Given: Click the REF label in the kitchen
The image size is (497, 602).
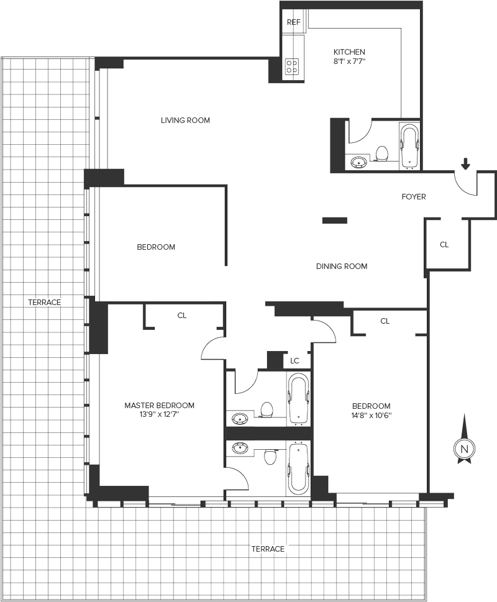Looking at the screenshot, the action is [294, 22].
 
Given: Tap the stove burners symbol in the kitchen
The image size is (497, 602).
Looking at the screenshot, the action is [293, 66].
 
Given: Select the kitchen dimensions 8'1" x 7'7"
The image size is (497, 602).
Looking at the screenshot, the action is [349, 61].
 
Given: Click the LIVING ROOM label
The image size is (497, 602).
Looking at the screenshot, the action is [185, 120].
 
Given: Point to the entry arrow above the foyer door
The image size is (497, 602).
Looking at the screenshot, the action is [465, 164].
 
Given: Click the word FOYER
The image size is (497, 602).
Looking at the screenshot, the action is [414, 196].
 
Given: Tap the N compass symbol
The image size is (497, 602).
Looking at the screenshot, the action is [464, 449].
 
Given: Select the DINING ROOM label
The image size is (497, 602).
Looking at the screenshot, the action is [342, 266].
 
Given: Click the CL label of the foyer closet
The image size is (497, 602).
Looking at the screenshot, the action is [444, 245].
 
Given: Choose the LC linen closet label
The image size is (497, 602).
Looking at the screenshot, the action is [294, 361].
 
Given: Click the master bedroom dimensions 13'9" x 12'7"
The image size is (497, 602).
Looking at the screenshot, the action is [159, 414].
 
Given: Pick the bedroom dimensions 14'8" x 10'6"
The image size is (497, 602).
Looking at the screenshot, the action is [371, 416].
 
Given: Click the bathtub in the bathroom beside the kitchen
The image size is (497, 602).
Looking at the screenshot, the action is [409, 147].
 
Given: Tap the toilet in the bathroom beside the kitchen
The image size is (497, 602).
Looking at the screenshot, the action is [382, 153].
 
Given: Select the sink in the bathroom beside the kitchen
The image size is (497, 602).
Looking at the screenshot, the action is [359, 163].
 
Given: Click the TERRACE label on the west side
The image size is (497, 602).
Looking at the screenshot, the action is [45, 303].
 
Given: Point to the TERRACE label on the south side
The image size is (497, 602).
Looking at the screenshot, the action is [268, 549].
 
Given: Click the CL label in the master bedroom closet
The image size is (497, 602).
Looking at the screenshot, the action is [182, 315].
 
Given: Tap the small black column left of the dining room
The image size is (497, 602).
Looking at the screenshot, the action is [335, 221].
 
